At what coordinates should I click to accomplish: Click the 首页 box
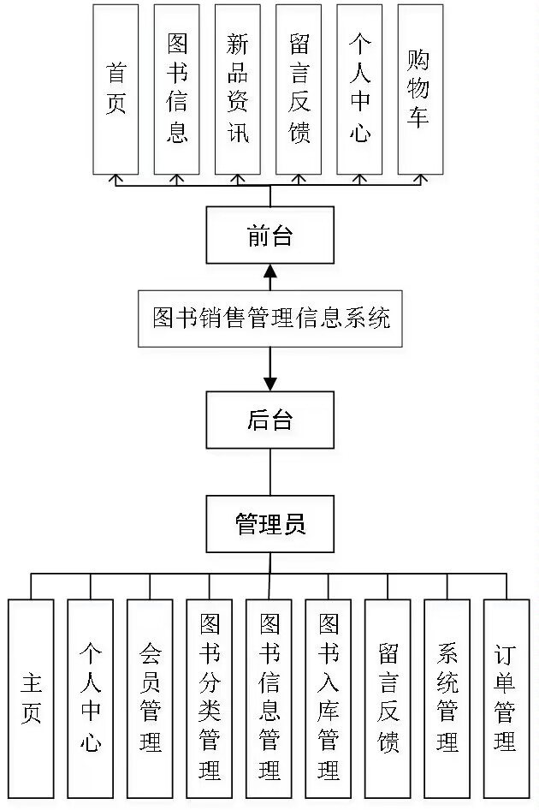(x=116, y=89)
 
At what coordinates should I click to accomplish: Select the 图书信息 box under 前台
(x=177, y=89)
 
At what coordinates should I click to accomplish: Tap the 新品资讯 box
(x=238, y=89)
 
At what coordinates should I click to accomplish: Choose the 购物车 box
(x=420, y=89)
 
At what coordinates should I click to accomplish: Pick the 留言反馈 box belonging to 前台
(x=299, y=89)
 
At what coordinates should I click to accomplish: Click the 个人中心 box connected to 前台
(x=359, y=89)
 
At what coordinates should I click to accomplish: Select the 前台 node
(x=270, y=235)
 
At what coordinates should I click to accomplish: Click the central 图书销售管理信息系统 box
(x=270, y=319)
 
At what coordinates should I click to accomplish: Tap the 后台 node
(x=270, y=420)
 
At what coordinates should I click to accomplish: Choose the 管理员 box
(x=270, y=523)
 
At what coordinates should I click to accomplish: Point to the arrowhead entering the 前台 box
(x=270, y=271)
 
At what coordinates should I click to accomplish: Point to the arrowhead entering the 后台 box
(x=270, y=383)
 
